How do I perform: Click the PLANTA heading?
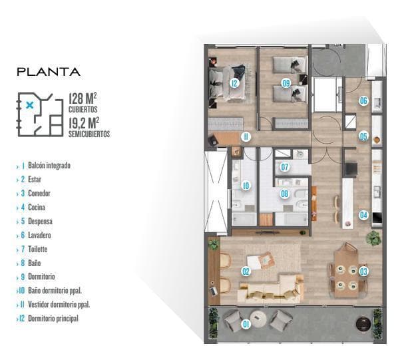tap(49, 72)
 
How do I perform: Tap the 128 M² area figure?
tap(83, 98)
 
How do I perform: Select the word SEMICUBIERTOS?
tap(89, 134)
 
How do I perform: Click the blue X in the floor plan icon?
tap(30, 105)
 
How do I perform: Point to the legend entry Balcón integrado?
tap(49, 166)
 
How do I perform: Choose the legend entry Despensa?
tap(40, 221)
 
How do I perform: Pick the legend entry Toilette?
tap(37, 249)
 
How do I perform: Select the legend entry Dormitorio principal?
tap(53, 319)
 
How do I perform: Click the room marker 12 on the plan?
tap(234, 83)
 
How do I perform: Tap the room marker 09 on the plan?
tap(286, 83)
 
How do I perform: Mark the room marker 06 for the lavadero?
tap(363, 100)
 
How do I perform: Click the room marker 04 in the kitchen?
tap(363, 215)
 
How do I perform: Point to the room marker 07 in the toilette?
tap(285, 167)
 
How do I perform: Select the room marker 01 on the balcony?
tap(246, 324)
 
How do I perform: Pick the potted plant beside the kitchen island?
tap(373, 238)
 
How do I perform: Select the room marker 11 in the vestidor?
tap(246, 136)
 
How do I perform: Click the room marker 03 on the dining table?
tap(363, 271)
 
